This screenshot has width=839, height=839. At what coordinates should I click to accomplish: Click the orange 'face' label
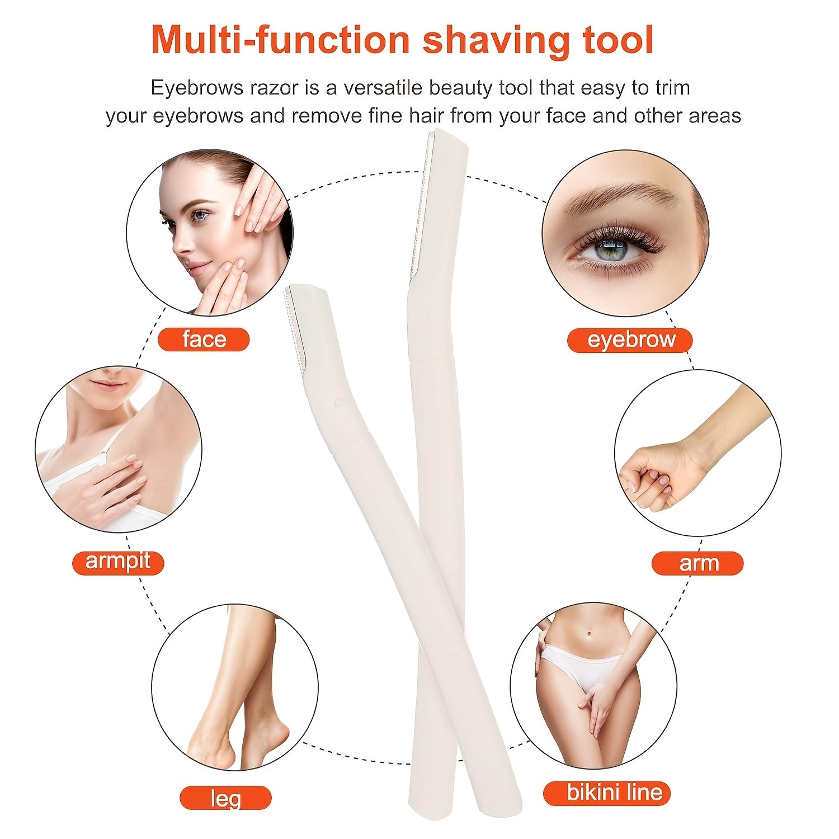click(204, 340)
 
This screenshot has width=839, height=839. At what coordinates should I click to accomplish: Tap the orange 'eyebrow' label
click(630, 340)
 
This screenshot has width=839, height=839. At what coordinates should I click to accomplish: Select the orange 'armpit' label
click(118, 562)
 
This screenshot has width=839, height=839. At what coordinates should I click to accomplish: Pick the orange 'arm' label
click(697, 563)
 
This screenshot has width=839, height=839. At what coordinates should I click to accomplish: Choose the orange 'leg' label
click(225, 798)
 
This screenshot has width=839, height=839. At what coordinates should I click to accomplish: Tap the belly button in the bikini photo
click(589, 634)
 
